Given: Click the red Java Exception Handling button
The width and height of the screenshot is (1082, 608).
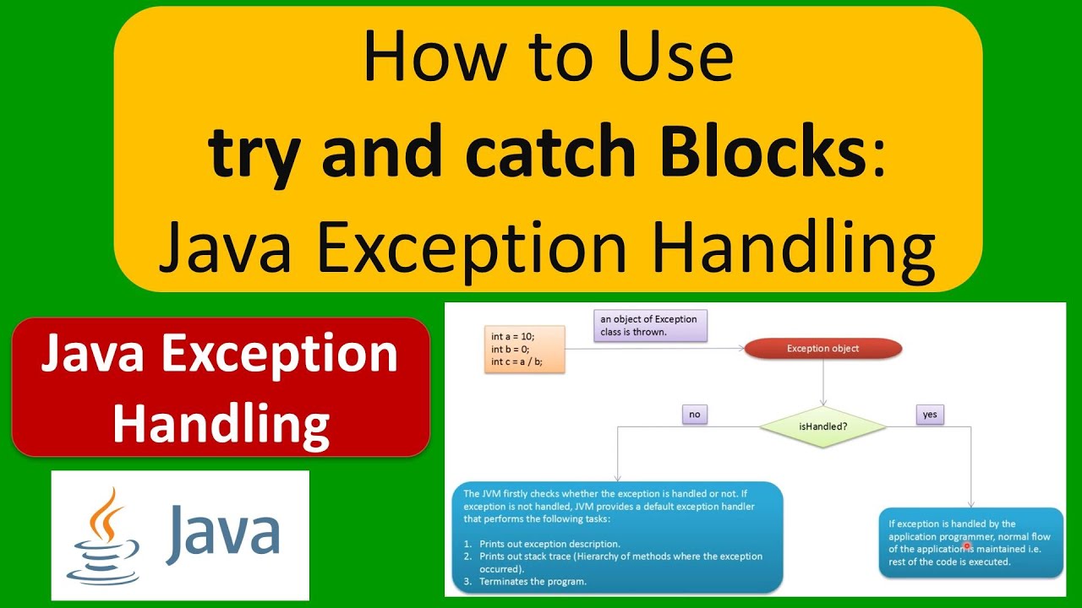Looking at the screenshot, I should click(221, 388).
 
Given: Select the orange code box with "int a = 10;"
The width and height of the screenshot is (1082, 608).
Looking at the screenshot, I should click(524, 349).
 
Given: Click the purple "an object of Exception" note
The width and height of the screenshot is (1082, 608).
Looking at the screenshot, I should click(649, 326).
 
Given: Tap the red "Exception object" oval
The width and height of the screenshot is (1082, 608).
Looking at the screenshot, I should click(822, 348).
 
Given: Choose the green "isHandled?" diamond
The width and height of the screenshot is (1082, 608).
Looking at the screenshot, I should click(822, 426).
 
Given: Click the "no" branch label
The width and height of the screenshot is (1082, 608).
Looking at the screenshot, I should click(694, 415).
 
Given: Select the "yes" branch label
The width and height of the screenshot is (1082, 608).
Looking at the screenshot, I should click(929, 415).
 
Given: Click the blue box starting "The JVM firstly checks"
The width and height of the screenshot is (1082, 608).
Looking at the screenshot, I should click(622, 537).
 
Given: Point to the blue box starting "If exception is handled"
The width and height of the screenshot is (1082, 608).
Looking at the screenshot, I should click(970, 542).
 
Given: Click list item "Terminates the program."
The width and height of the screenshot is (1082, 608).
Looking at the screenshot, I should click(533, 581).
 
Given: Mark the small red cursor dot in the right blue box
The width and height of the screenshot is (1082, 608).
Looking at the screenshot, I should click(967, 546).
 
